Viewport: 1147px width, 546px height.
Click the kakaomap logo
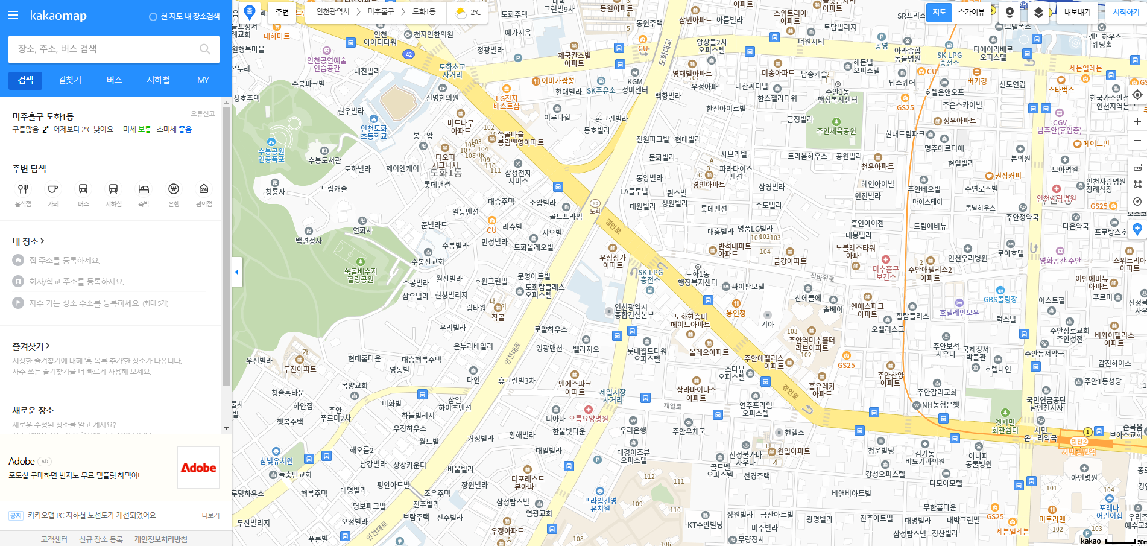58,16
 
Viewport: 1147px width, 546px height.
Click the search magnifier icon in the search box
205,49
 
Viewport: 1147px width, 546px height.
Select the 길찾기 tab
70,80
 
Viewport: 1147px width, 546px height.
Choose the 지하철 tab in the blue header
158,80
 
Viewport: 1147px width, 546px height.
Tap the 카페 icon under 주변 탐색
53,189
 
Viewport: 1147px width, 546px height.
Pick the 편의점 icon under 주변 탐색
204,189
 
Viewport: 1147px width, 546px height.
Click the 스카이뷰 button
971,12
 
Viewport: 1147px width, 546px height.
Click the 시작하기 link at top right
1126,12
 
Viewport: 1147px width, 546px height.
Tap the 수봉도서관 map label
324,160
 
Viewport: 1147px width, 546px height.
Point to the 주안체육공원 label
836,130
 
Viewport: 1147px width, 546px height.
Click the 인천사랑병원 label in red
1056,198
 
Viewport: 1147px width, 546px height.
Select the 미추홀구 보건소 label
885,273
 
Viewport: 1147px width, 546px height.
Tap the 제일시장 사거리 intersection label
612,396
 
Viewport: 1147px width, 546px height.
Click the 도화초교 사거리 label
452,71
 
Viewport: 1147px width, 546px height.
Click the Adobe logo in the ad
198,468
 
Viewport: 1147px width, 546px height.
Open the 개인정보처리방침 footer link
160,539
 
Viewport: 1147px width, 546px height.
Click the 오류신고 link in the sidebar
203,113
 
